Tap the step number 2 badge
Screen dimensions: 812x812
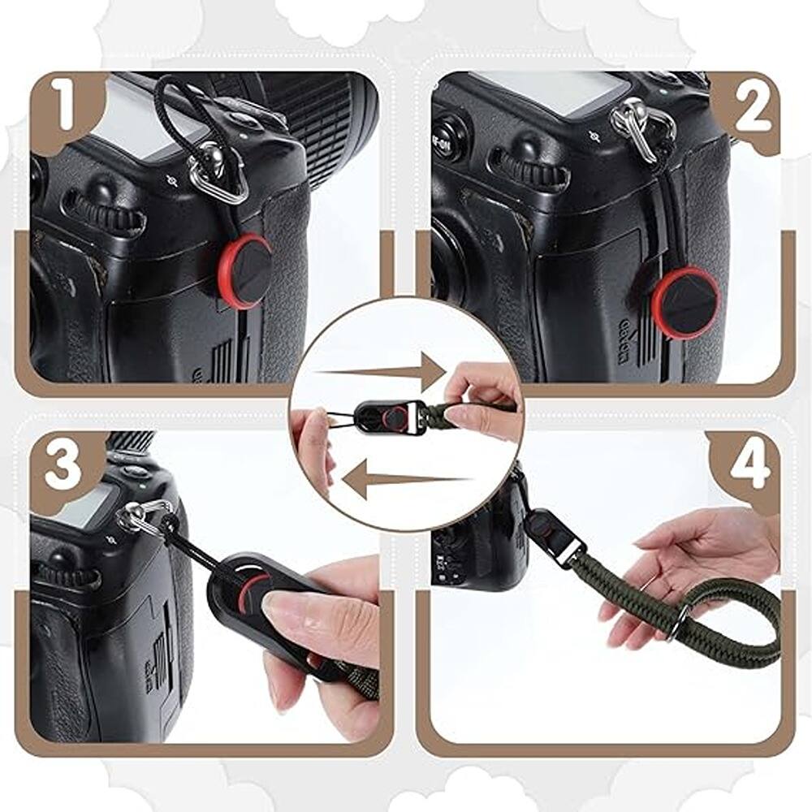[x=751, y=110]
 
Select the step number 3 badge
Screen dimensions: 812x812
[x=63, y=469]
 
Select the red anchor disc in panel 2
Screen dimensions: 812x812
[x=685, y=303]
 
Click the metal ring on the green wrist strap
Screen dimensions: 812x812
[x=678, y=621]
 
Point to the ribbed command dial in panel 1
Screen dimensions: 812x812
[x=106, y=215]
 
